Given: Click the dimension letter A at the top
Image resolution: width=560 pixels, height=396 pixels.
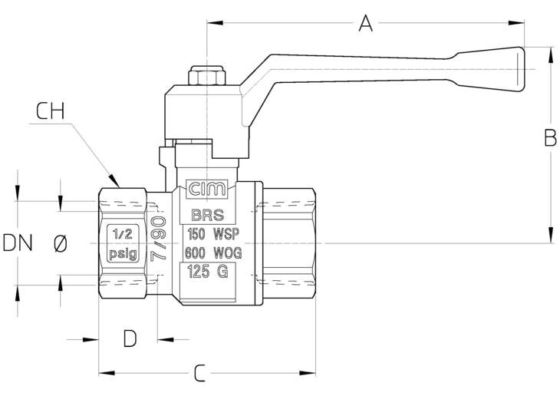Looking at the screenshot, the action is pos(365,23).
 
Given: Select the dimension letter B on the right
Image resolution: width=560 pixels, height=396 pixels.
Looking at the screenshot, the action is pos(550,137).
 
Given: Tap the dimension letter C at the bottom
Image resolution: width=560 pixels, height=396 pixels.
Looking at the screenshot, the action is pos(200,373).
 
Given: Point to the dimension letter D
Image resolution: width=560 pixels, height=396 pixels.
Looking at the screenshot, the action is pos(130,338).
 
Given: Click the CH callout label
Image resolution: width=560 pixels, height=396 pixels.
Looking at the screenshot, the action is pos(51,111).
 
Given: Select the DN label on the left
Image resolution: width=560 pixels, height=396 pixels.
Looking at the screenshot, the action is pos(18,243).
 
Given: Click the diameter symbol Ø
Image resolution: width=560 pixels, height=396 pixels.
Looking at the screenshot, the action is pos(60,244).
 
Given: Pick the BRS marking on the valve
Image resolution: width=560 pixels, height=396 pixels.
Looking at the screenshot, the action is pos(208,215).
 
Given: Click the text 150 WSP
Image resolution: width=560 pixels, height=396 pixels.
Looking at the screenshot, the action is pos(213,234).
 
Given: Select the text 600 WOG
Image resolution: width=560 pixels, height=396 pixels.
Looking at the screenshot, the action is pos(213,253).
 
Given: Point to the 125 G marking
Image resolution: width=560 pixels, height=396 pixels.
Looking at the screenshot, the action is pos(207,272).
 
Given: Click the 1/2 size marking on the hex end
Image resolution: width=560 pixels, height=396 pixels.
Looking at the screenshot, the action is pos(123,234).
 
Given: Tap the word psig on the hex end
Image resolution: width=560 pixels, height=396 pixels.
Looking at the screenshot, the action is pos(123,254).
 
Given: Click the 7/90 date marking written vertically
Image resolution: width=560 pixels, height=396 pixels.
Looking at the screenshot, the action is pos(159,239).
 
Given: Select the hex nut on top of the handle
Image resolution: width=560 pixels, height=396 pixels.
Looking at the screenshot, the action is pos(207,75).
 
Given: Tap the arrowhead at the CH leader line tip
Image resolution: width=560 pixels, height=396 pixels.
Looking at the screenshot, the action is pos(114,180).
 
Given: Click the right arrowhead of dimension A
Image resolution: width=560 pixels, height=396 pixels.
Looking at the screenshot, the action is pos(516,23).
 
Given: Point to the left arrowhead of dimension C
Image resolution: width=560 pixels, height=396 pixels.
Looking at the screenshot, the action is pos(107,373).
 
